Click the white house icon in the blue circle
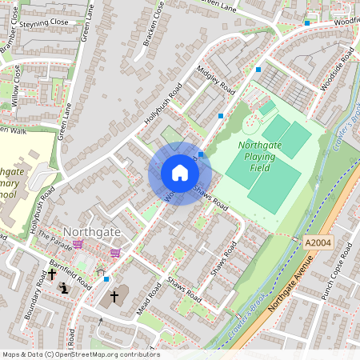pos(180,173)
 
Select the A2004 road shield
pos(318,242)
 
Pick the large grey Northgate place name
pos(92,231)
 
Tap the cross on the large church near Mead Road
pos(114,297)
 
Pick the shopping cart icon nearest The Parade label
pos(78,243)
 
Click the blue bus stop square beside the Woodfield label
pos(307,23)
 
